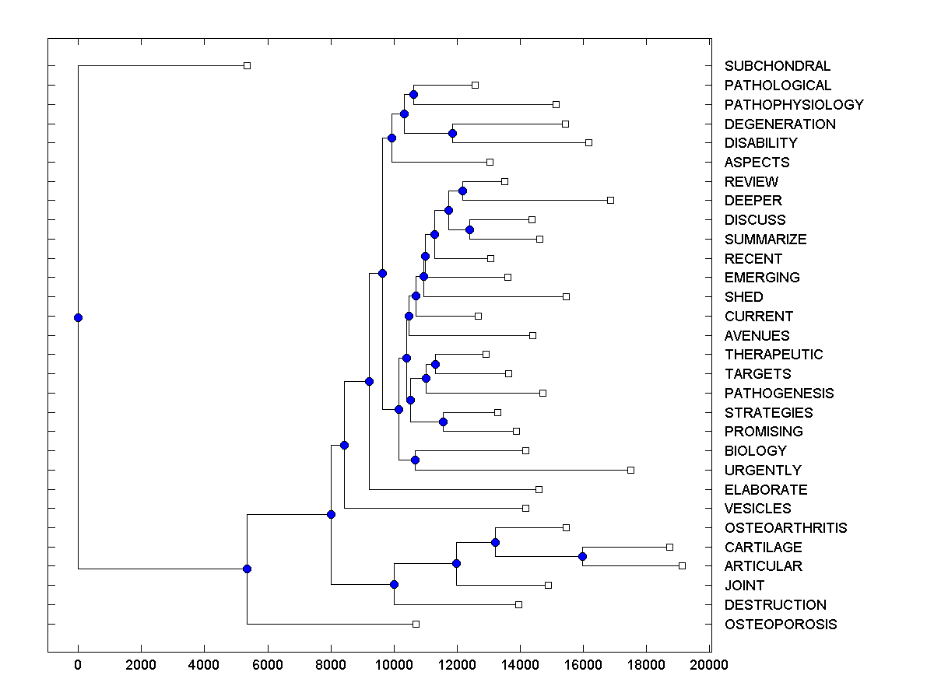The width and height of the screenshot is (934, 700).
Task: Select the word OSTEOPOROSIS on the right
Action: pos(781,624)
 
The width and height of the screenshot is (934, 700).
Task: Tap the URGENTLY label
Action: pos(762,470)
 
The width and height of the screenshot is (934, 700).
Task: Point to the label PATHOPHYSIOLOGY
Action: pos(794,104)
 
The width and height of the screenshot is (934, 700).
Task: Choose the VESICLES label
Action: pos(757,508)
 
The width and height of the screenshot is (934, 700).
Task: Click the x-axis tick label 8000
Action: pos(331,664)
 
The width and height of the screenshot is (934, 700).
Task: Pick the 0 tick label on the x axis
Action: pos(78,664)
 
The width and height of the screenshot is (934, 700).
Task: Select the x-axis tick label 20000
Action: pos(709,664)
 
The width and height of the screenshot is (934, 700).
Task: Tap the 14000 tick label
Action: pos(520,664)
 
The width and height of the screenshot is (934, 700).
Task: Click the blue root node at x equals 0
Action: pos(78,317)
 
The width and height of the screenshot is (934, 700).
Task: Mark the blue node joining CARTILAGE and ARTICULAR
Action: pos(582,556)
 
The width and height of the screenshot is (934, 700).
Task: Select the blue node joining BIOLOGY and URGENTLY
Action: pos(415,460)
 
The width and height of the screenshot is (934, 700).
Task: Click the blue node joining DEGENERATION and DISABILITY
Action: pos(452,133)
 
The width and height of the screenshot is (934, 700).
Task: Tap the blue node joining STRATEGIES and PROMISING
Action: pos(443,422)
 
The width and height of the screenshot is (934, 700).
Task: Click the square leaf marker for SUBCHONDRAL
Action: pos(247,66)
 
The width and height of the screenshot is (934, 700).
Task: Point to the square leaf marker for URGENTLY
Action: pos(630,470)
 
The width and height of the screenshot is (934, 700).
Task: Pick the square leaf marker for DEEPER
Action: pos(610,201)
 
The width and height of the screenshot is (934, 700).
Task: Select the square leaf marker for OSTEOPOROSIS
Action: pos(416,624)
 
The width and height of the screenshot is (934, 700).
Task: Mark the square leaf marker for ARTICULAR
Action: pos(682,565)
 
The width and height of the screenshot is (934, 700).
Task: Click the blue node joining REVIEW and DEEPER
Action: pos(462,191)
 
